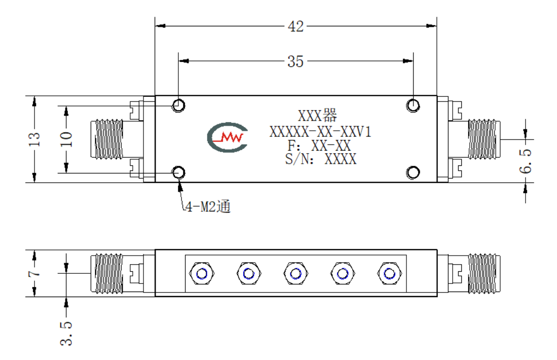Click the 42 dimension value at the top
(x=295, y=26)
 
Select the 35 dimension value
(x=295, y=61)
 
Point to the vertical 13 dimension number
(x=34, y=139)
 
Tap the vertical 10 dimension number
(x=66, y=139)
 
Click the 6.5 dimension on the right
(x=526, y=161)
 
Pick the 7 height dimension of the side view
(x=34, y=274)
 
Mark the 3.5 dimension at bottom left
(x=66, y=333)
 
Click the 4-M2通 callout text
(x=208, y=206)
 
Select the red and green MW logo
(x=228, y=137)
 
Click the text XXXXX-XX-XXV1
(x=320, y=132)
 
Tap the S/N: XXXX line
(x=321, y=159)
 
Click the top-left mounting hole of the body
(x=178, y=105)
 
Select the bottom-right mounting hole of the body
(x=413, y=173)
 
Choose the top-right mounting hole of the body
(x=413, y=105)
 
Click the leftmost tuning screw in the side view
(x=202, y=274)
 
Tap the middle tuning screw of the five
(x=295, y=274)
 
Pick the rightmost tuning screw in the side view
(x=389, y=274)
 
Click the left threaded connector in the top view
(x=107, y=139)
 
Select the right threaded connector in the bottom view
(x=484, y=274)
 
